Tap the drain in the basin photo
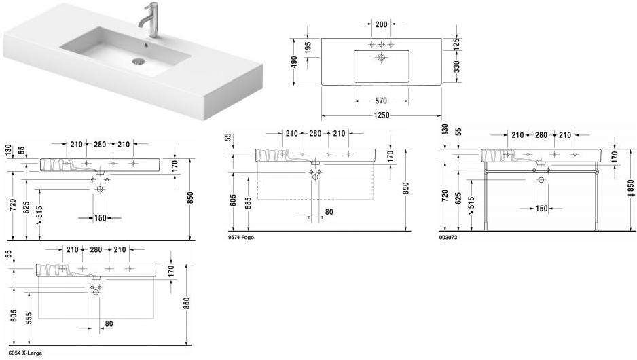[x=138, y=62]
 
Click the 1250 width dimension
[x=382, y=115]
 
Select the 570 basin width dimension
[x=381, y=101]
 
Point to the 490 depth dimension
[x=295, y=62]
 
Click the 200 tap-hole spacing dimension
[x=381, y=24]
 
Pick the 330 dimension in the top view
[x=456, y=67]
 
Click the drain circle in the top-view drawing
[x=381, y=57]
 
